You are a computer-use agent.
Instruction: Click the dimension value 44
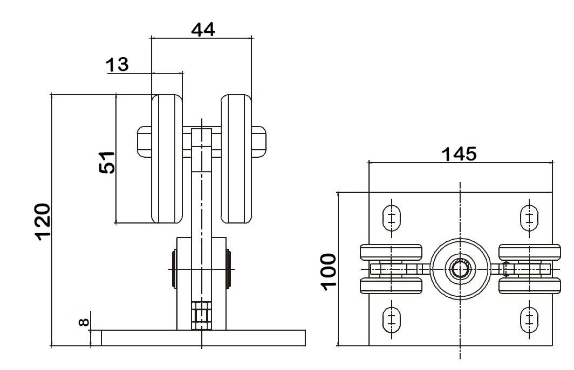click(203, 30)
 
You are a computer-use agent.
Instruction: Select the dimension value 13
click(117, 64)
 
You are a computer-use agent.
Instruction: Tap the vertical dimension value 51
click(107, 163)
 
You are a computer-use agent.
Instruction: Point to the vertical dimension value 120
click(43, 221)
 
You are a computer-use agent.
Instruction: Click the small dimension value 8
click(84, 322)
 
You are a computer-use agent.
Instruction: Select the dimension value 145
click(459, 154)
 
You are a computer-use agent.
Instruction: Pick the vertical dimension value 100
click(328, 272)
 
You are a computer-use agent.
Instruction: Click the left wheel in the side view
click(166, 159)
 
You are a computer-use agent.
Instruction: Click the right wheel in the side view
click(236, 159)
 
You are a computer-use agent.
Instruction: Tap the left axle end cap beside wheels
click(144, 142)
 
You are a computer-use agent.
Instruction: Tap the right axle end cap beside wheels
click(259, 142)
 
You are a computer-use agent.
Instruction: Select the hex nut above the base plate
click(201, 316)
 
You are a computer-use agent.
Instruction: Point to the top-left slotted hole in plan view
click(391, 218)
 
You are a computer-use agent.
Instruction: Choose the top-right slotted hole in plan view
click(529, 218)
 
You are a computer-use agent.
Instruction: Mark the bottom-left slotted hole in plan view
click(391, 320)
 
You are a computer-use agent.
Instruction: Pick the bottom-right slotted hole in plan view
click(529, 320)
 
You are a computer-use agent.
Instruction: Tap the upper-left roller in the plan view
click(391, 252)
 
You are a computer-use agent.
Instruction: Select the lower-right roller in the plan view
click(529, 286)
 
